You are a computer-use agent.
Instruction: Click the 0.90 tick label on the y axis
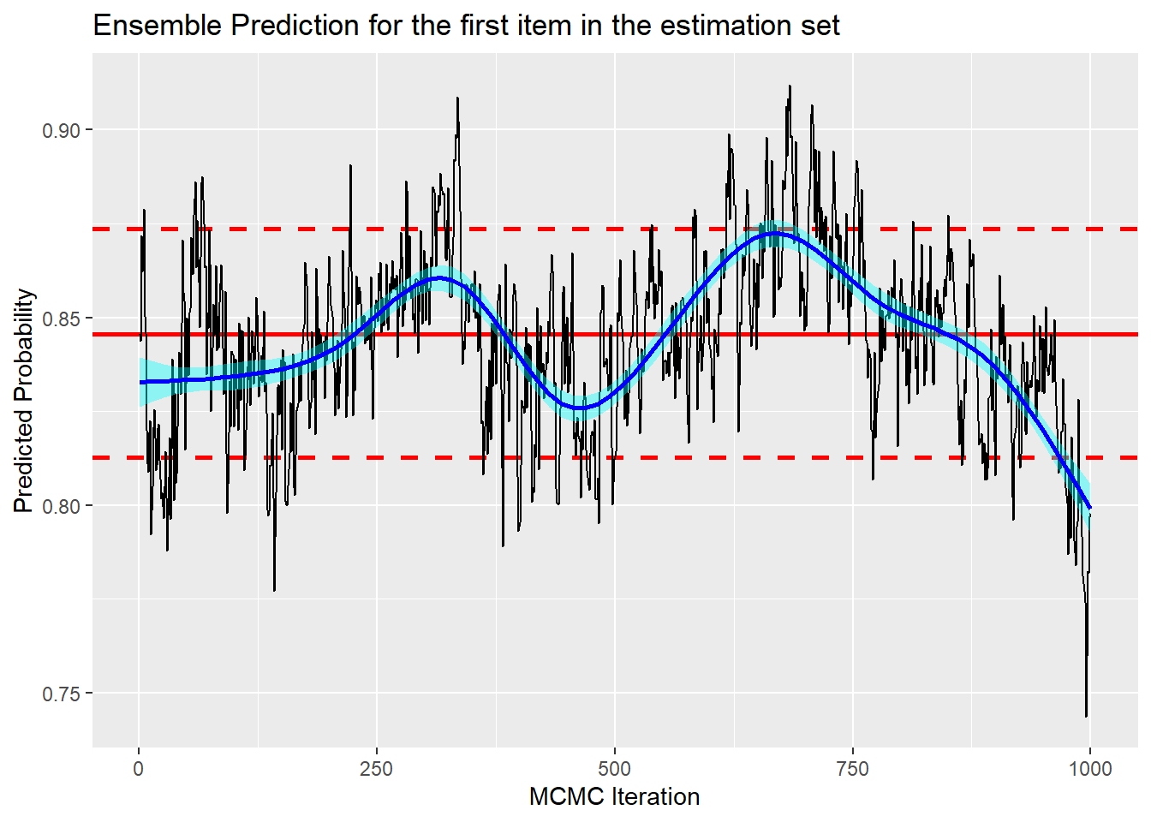61,131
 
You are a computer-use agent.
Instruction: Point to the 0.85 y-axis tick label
61,319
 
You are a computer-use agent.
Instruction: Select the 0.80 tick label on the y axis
61,506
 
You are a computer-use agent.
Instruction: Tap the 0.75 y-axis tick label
61,694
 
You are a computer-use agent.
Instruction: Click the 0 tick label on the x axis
139,768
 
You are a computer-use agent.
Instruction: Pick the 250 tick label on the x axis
377,768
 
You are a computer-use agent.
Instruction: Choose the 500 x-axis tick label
615,768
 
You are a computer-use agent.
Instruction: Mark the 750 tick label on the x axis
852,768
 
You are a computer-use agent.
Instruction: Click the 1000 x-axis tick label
1090,768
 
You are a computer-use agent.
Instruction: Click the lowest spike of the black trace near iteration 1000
1087,716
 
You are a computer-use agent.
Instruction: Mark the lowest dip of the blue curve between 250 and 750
581,408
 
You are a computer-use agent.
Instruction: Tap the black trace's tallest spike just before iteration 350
458,98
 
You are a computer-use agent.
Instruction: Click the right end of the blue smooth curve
1090,508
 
